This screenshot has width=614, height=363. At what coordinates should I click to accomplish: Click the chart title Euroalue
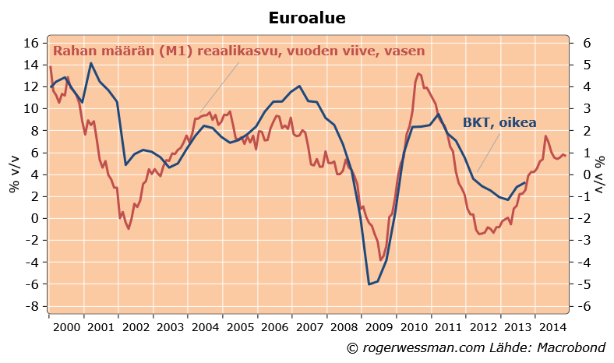[307, 17]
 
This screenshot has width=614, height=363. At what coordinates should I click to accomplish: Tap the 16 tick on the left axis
[30, 43]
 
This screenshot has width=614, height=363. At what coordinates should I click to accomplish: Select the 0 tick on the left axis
[34, 218]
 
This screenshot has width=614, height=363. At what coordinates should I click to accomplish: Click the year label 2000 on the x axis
[65, 327]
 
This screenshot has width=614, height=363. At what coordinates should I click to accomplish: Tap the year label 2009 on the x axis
[379, 327]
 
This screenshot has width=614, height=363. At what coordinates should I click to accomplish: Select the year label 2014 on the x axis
[552, 327]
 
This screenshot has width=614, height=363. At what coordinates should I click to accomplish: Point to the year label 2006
[274, 327]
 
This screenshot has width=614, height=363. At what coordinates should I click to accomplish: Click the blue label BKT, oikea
[499, 122]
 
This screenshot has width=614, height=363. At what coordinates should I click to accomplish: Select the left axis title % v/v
[15, 174]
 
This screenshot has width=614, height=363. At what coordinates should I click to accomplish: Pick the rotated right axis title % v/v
[601, 174]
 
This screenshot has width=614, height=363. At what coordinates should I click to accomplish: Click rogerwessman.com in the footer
[423, 347]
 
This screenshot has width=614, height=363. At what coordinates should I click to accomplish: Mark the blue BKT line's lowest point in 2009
[369, 284]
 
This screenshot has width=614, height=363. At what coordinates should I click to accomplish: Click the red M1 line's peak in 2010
[418, 74]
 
